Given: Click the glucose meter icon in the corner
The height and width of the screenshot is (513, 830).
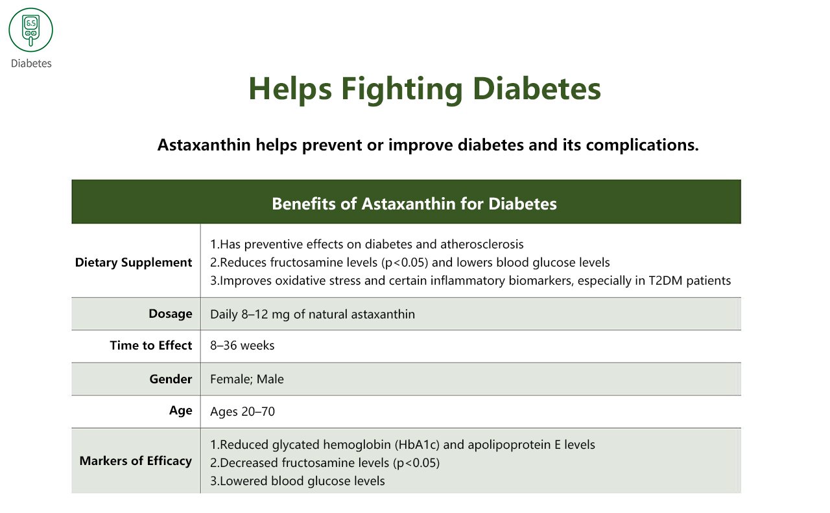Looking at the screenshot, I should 30,30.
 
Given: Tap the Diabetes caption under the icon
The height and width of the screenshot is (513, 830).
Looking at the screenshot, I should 31,64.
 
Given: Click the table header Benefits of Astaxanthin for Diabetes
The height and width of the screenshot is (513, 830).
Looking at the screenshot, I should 414,204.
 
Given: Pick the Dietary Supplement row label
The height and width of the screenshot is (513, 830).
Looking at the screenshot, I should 134,263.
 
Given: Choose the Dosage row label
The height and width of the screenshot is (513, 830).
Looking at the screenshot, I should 170,314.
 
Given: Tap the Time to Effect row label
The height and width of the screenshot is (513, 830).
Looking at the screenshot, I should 151,346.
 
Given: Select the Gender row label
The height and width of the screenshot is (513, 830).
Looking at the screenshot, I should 171,379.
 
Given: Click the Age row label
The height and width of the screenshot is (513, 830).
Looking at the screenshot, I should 180,411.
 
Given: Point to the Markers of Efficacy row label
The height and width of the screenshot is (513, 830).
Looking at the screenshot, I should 136,461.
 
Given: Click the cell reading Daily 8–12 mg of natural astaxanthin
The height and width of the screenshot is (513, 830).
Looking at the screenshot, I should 312,315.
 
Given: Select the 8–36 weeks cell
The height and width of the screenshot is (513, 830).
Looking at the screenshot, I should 242,346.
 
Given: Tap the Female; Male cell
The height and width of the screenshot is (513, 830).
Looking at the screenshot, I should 246,379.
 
